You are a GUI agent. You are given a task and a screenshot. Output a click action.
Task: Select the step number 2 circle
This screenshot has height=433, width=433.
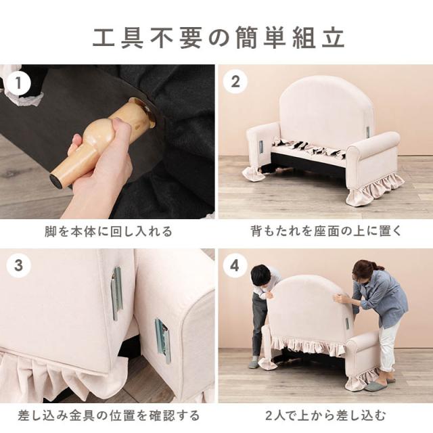point(235,83)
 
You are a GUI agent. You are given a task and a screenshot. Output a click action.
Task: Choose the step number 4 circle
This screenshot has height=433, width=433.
point(235,266)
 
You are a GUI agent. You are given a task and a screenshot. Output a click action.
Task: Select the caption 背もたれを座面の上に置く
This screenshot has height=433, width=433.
point(325,231)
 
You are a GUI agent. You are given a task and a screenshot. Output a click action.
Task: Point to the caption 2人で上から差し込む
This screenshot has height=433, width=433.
point(325,415)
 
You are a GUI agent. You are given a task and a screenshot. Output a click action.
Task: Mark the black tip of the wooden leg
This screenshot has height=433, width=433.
point(56,181)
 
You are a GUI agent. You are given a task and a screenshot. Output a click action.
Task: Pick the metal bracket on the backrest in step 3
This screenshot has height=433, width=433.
point(116,293)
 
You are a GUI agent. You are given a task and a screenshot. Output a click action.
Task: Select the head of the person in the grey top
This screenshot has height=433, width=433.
point(261,275)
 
